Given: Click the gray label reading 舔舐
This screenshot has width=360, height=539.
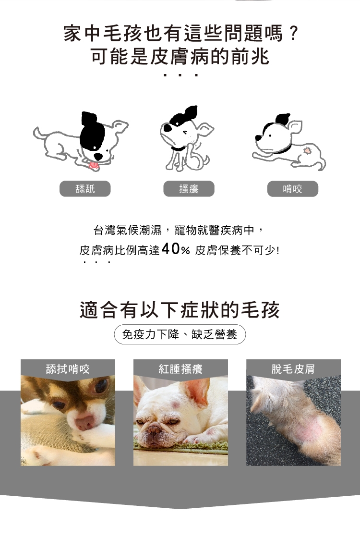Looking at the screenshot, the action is (85, 189).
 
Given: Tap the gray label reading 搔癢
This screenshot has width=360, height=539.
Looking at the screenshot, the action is (189, 189).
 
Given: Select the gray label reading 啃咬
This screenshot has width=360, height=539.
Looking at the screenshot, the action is (293, 189).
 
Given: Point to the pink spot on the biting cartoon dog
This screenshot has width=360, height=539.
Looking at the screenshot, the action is (307, 150).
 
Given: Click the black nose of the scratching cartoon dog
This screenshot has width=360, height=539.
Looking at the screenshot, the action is (168, 128).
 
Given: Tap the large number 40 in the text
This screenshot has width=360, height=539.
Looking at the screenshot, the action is (171, 249).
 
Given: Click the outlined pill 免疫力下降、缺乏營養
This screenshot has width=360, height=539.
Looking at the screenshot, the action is (180, 334).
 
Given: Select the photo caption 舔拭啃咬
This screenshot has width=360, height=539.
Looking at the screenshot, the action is (68, 369).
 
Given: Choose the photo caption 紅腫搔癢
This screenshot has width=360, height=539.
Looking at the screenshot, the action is (180, 369).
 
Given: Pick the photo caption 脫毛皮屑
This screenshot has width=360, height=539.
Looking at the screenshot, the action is (293, 369).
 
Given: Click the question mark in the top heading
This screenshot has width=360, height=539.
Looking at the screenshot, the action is (293, 34).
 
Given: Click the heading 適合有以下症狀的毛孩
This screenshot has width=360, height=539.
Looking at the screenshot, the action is (180, 310).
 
